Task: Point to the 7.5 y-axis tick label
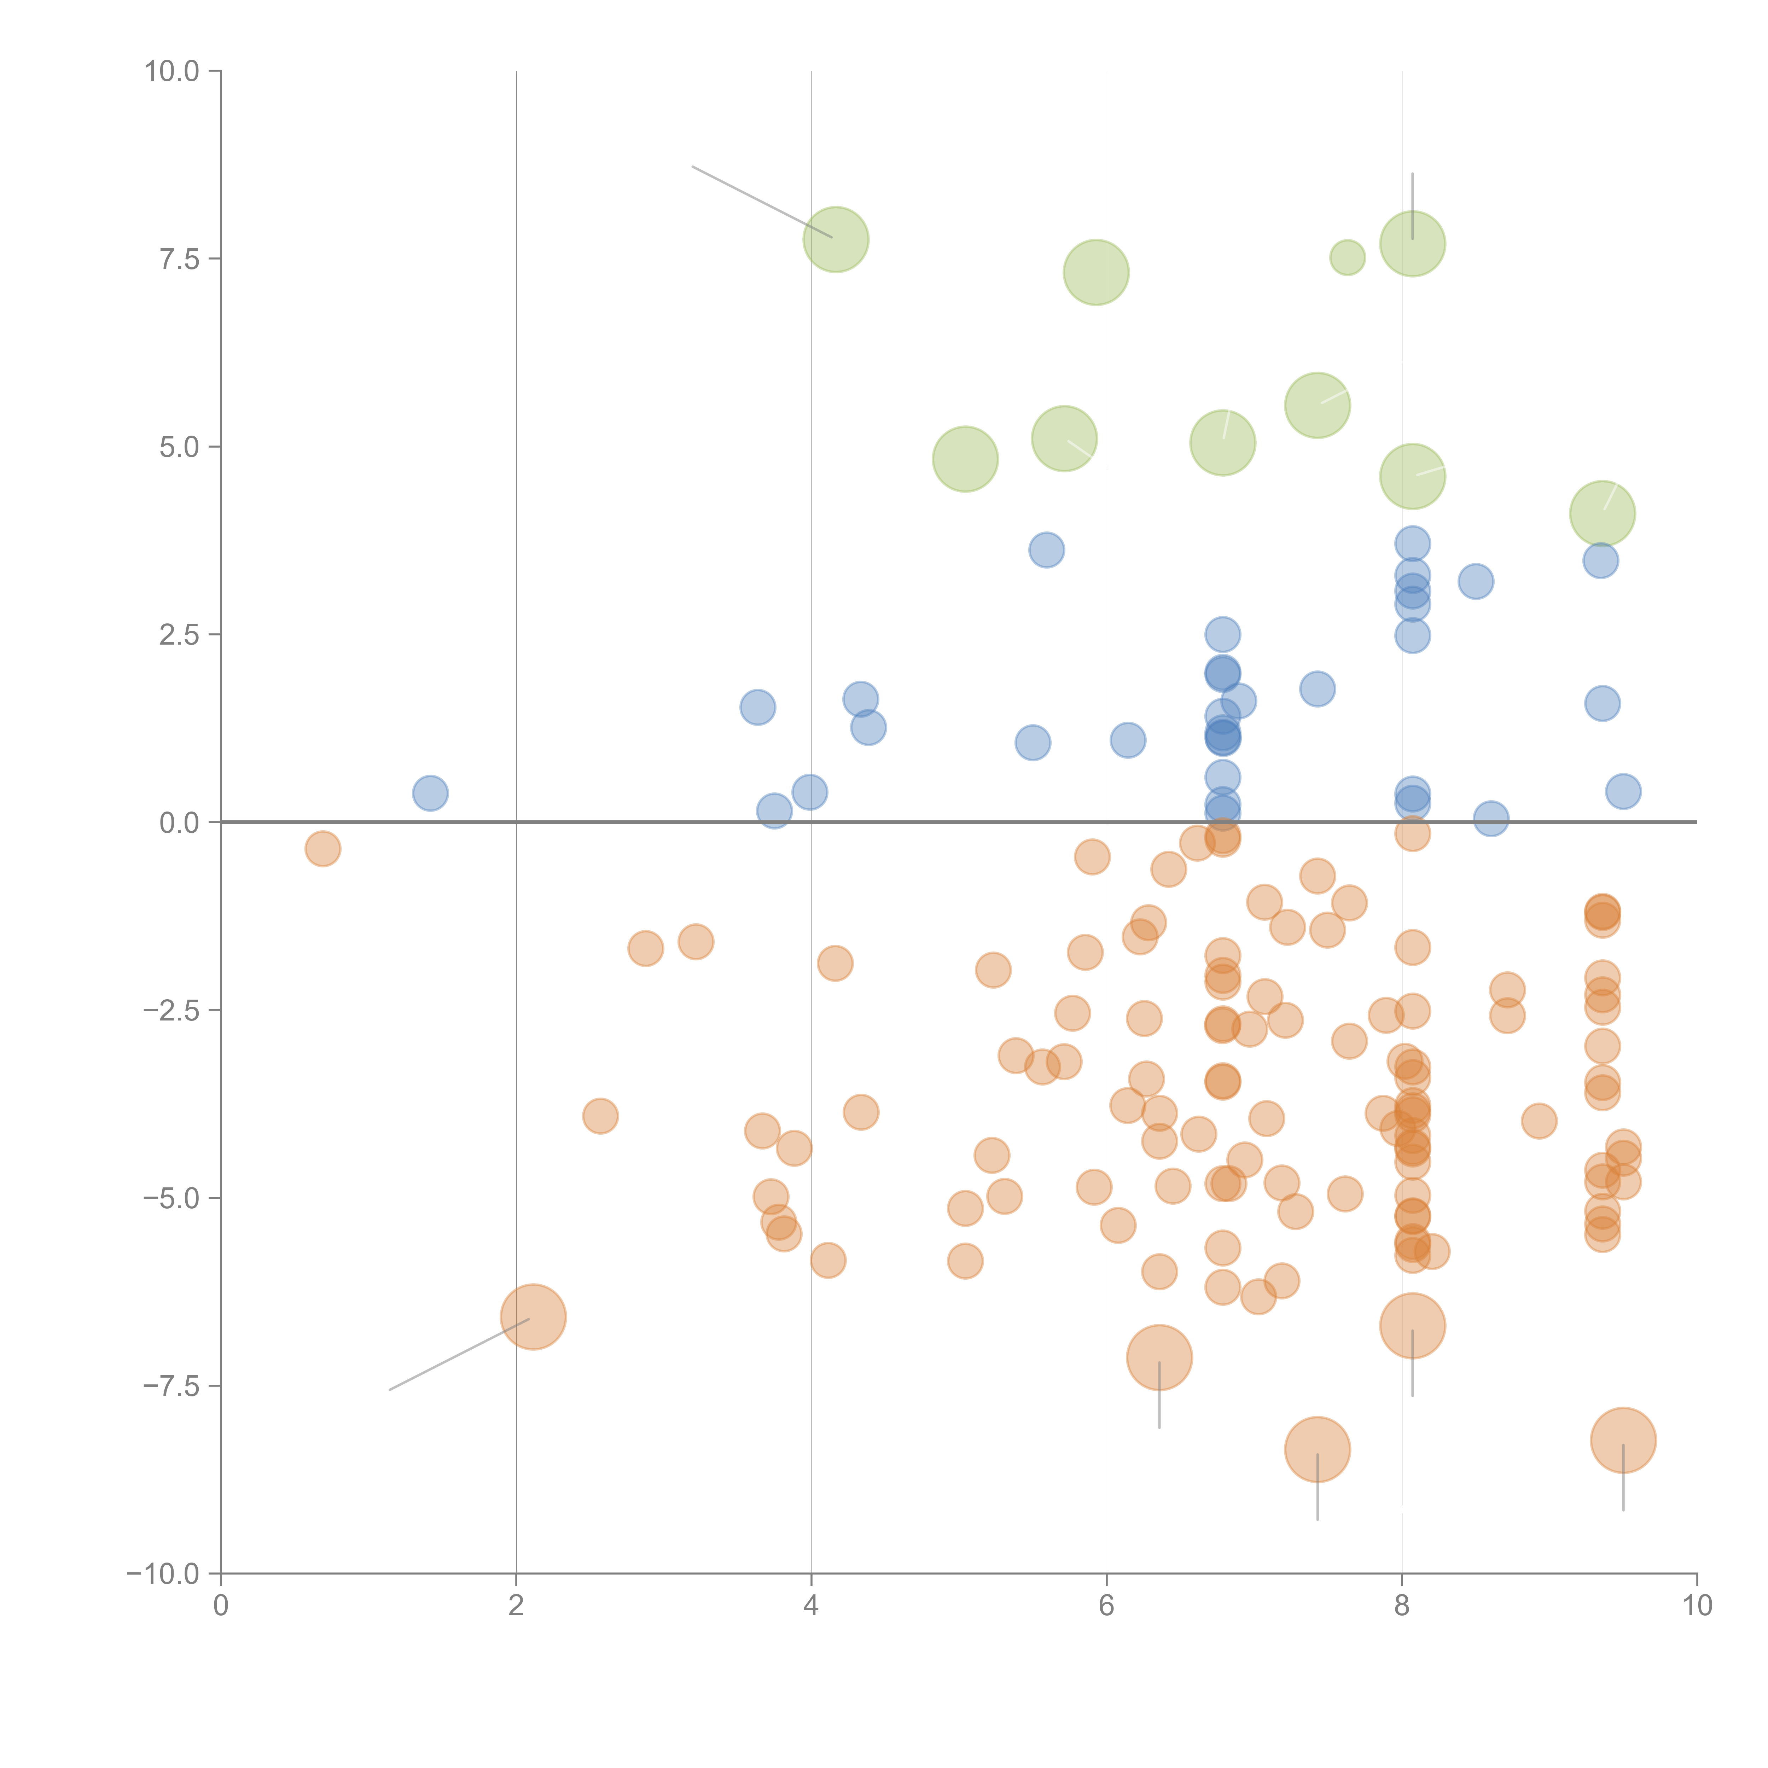(179, 259)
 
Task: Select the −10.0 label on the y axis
(163, 1574)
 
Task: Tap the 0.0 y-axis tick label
(179, 823)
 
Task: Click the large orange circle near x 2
(534, 1317)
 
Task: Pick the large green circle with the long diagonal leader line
(836, 240)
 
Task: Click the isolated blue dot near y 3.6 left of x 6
(1046, 550)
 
